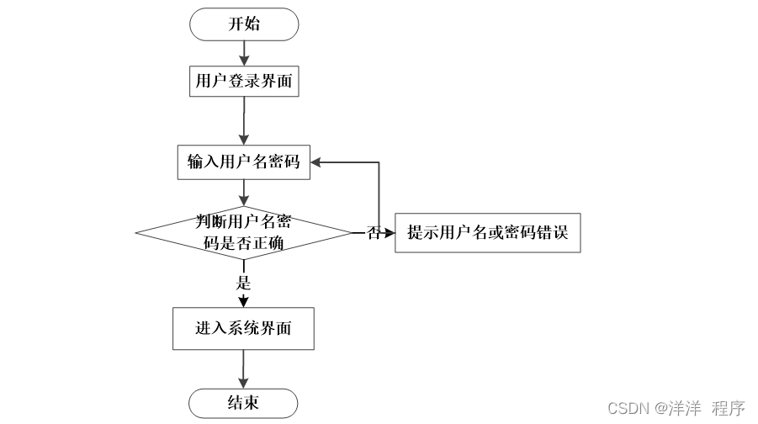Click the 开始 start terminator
click(244, 24)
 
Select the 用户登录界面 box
click(244, 82)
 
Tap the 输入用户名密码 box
click(244, 162)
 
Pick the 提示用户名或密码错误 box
click(488, 233)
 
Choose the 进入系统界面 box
click(244, 329)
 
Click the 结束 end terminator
click(244, 403)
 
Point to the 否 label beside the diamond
click(374, 233)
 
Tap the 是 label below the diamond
click(244, 283)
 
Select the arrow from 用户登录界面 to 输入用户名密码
click(244, 122)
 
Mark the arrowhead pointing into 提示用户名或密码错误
click(390, 233)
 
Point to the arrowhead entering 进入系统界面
click(244, 304)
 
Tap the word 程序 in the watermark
click(729, 409)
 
